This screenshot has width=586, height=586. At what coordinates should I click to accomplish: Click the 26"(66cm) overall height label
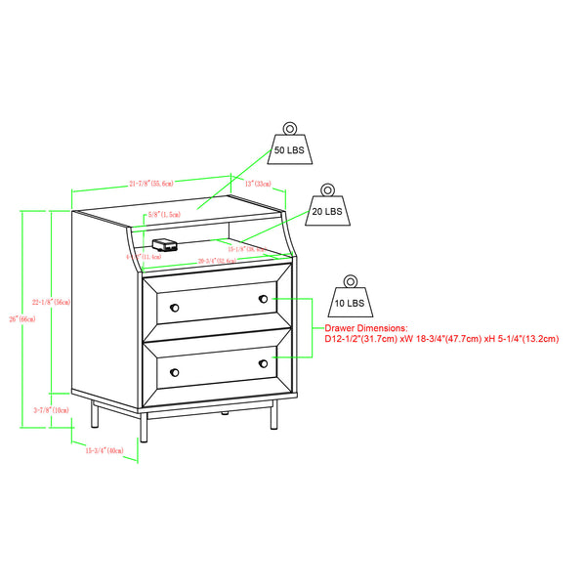[13, 318]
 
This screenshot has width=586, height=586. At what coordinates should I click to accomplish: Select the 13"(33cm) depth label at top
[257, 183]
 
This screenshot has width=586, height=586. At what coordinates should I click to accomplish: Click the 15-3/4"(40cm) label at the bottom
[104, 450]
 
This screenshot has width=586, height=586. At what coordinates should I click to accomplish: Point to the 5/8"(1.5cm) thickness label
[158, 214]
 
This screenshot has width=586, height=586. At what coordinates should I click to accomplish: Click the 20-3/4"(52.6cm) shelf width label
[215, 261]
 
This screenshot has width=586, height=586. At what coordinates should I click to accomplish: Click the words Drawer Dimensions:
[366, 328]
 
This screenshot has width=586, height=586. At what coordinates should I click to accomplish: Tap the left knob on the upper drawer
[175, 308]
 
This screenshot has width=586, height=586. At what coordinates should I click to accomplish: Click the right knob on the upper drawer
[263, 298]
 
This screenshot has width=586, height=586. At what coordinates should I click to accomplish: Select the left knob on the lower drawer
[175, 373]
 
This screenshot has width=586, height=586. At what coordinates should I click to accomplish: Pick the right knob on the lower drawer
[263, 363]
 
